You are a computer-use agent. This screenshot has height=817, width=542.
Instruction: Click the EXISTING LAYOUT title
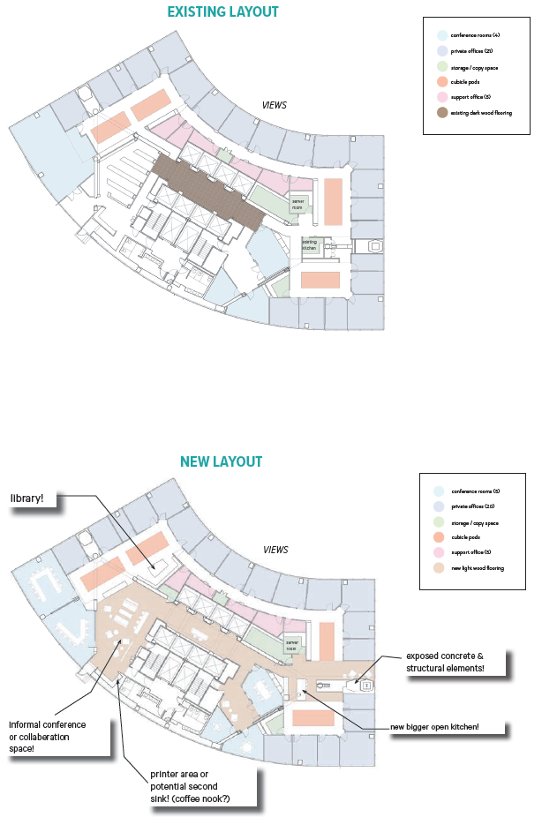[x=223, y=11]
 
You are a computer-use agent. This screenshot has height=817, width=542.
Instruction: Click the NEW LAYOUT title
[x=221, y=461]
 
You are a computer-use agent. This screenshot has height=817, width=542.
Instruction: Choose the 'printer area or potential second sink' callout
[x=190, y=785]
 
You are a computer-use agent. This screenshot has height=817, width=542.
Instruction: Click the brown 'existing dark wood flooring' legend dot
[x=441, y=113]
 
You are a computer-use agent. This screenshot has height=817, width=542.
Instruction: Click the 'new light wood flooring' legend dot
[x=440, y=568]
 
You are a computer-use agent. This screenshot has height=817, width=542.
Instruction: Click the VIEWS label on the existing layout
[x=275, y=104]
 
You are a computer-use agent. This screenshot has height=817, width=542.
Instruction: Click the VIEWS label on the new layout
[x=275, y=550]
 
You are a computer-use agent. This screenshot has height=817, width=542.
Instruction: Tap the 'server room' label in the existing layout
[x=298, y=202]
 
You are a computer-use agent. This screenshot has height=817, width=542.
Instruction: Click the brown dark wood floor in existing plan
[x=207, y=190]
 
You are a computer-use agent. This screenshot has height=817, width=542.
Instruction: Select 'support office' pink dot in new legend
[x=440, y=553]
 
